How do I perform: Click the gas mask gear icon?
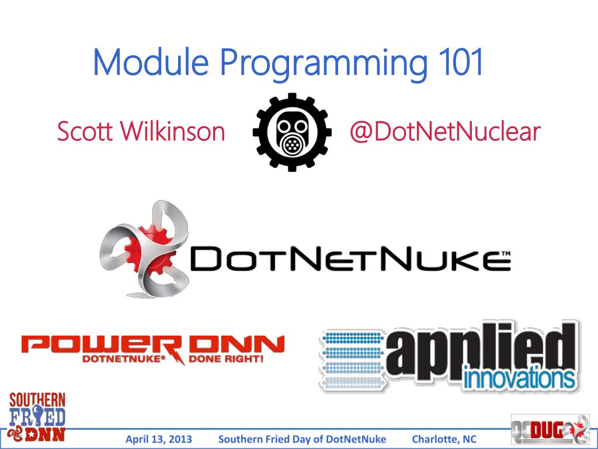tap(292, 132)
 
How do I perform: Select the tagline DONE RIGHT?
tap(231, 358)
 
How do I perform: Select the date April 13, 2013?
tap(159, 440)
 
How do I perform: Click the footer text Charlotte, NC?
tap(444, 440)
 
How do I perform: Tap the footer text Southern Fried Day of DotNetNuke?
tap(302, 440)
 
